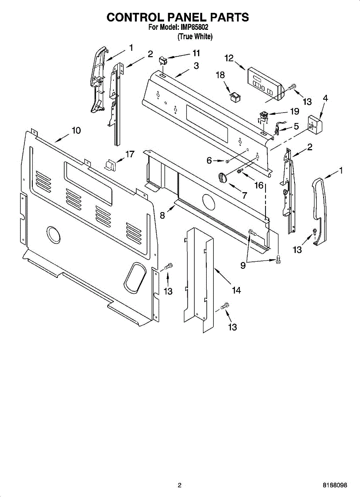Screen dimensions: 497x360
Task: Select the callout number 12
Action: pyautogui.click(x=229, y=58)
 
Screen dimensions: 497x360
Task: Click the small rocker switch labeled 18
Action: pyautogui.click(x=236, y=97)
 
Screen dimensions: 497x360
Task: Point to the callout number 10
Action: pyautogui.click(x=76, y=130)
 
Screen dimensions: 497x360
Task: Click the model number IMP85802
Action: pyautogui.click(x=194, y=28)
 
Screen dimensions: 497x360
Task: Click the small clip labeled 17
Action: pyautogui.click(x=111, y=164)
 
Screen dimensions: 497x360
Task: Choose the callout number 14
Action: pyautogui.click(x=236, y=290)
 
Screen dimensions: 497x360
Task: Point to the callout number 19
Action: pyautogui.click(x=294, y=111)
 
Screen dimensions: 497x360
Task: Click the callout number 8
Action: pyautogui.click(x=162, y=215)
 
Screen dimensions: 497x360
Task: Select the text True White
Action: pyautogui.click(x=195, y=37)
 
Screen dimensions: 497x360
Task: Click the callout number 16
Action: pyautogui.click(x=259, y=185)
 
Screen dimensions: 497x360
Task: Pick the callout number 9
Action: pyautogui.click(x=243, y=266)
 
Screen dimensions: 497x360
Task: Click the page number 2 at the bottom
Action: pyautogui.click(x=179, y=485)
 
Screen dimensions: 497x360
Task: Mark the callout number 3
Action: pyautogui.click(x=196, y=65)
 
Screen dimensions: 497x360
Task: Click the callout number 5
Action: pyautogui.click(x=296, y=126)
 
